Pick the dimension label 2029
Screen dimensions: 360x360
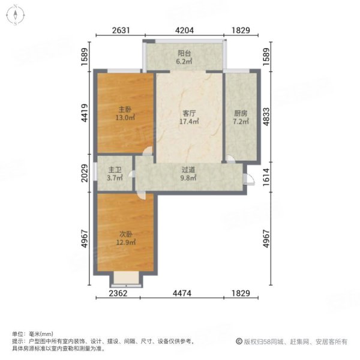pyautogui.click(x=86, y=178)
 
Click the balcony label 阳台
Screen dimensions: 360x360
pyautogui.click(x=184, y=52)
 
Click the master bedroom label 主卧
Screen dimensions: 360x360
pyautogui.click(x=124, y=110)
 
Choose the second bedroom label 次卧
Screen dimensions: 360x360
pyautogui.click(x=125, y=235)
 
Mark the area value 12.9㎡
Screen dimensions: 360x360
pyautogui.click(x=125, y=243)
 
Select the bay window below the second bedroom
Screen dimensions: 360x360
pyautogui.click(x=126, y=280)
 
